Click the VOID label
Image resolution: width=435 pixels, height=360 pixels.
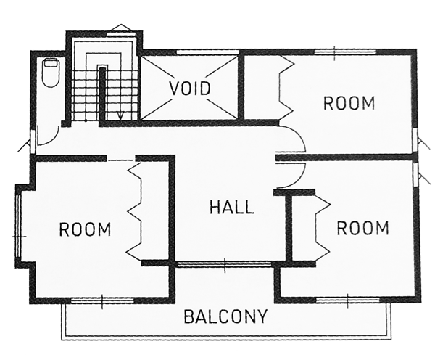point(190,89)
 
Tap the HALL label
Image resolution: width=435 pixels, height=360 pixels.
point(232,207)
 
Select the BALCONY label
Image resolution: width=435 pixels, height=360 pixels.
point(225,316)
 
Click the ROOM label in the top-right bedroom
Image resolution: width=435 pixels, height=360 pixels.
point(349,103)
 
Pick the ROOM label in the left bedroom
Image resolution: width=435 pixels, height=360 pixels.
point(85,229)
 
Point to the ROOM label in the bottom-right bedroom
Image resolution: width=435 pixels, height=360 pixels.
point(362,228)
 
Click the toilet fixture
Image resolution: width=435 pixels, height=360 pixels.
point(51,73)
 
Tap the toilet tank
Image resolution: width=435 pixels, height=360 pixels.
point(51,62)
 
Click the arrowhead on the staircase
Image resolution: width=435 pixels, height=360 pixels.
point(120,115)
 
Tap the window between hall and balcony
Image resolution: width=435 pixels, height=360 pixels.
point(225,264)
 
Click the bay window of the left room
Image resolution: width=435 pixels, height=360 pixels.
point(19,227)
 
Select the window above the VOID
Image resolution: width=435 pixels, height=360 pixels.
point(208,52)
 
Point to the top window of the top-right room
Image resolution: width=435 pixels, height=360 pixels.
point(345,52)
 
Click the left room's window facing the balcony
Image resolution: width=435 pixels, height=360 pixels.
point(102,300)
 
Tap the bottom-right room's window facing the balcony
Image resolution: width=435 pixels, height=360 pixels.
point(347,300)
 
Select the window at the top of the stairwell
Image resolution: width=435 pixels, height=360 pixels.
point(120,34)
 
